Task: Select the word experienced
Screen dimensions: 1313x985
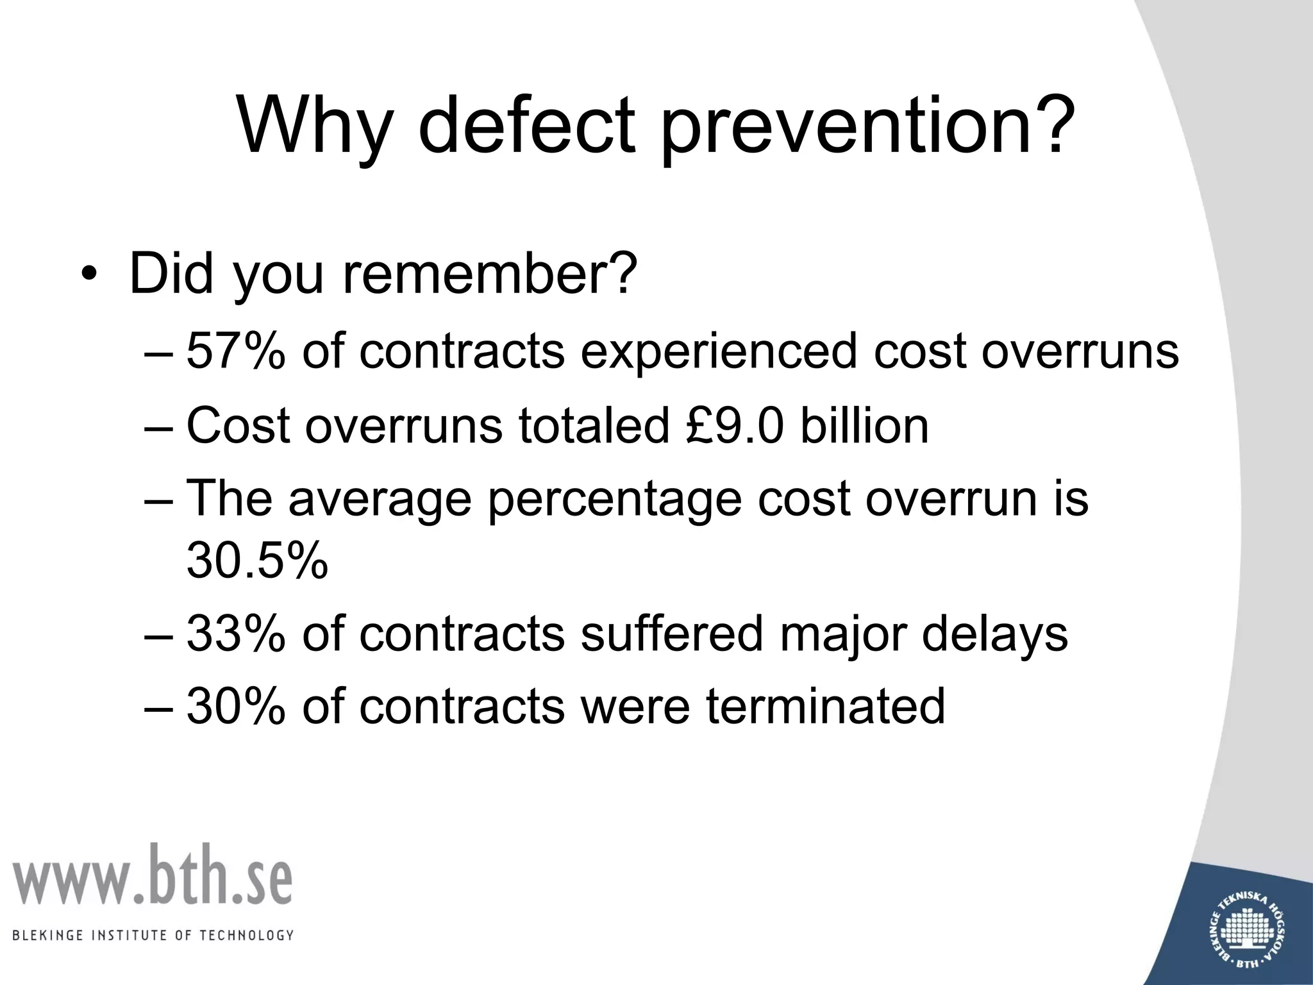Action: pos(719,353)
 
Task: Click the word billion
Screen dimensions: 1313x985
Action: pos(864,426)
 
